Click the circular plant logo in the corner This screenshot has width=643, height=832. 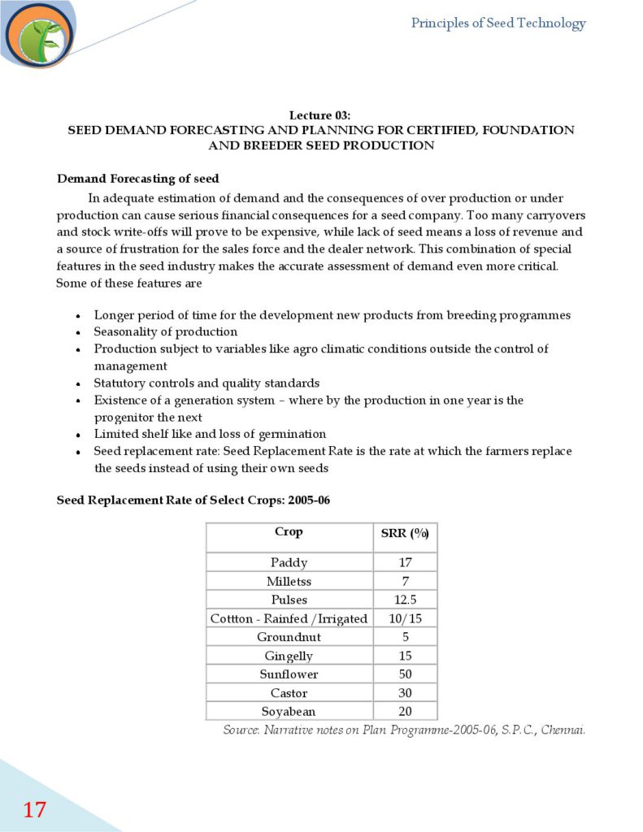tap(38, 35)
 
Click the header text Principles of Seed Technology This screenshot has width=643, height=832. tap(497, 24)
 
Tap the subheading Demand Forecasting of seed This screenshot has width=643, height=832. tap(137, 179)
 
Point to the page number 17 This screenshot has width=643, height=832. tap(34, 809)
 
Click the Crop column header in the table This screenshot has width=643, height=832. tap(289, 532)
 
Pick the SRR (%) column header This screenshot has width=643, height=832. tap(405, 533)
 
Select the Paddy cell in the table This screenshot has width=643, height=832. tap(289, 562)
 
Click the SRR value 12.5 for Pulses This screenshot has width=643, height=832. tap(405, 600)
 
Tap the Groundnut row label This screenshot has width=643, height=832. tap(289, 637)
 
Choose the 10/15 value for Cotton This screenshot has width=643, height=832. tap(405, 618)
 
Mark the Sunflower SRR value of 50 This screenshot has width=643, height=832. tap(405, 674)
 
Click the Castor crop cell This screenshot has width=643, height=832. tap(289, 693)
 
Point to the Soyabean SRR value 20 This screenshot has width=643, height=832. tap(405, 712)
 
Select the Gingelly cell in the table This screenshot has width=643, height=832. tap(289, 656)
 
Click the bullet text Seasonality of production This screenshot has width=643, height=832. tap(165, 331)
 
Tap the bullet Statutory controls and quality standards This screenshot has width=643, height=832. tap(206, 383)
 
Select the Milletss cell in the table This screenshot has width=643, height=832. tap(289, 581)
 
